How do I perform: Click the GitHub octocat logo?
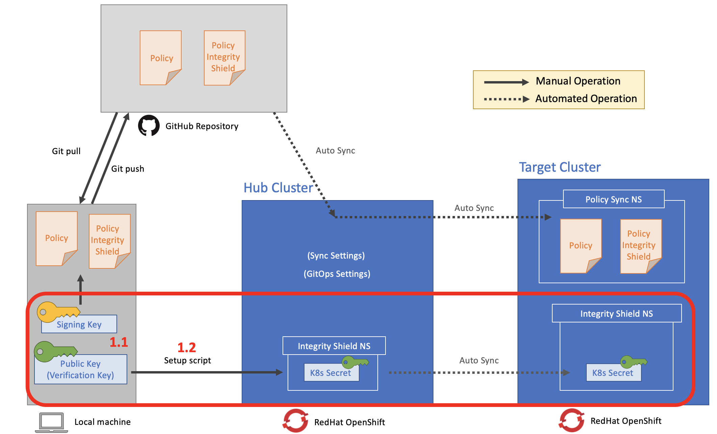[149, 126]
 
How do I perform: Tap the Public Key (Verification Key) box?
[80, 369]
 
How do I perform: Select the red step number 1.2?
[187, 347]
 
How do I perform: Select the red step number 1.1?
[119, 342]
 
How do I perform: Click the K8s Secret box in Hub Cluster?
[331, 373]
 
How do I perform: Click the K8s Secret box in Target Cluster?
[613, 373]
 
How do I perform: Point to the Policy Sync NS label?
[613, 199]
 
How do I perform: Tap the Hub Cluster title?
[278, 188]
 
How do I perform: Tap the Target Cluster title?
[560, 167]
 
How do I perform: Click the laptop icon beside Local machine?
[51, 422]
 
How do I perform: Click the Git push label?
[128, 169]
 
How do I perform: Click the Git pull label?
[66, 151]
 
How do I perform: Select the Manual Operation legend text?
[578, 81]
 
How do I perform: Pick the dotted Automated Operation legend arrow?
[506, 99]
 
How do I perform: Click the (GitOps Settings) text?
[337, 274]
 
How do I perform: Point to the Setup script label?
[187, 361]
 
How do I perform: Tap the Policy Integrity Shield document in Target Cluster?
[640, 246]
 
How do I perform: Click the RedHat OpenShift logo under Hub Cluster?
[295, 421]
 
